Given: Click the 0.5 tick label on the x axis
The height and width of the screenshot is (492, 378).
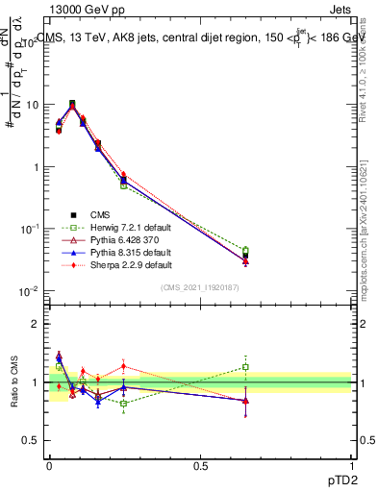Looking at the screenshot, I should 200,464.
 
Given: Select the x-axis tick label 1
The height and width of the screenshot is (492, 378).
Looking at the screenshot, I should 351,464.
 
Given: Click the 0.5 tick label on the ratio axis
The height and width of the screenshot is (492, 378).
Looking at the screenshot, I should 31,440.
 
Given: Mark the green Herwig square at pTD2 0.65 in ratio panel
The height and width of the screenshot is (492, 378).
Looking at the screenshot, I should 245,367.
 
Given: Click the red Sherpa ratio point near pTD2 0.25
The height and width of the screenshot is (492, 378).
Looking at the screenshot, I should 123,365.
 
